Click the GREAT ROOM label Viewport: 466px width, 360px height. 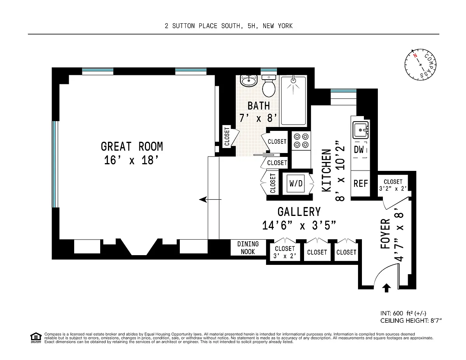(132, 147)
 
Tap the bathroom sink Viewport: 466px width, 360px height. (249, 81)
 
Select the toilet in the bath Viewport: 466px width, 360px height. (269, 86)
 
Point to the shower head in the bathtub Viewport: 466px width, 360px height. (293, 81)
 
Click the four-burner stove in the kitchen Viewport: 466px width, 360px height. (301, 141)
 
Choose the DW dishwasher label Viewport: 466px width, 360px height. (359, 150)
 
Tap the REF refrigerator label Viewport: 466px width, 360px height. (361, 184)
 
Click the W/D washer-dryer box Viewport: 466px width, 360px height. (296, 183)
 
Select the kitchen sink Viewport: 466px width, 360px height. (361, 130)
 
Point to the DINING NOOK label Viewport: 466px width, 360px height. (248, 248)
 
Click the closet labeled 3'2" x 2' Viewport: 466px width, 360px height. (393, 185)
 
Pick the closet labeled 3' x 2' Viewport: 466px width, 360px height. (285, 252)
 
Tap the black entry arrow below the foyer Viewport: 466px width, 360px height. (386, 288)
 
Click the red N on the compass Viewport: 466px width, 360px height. (415, 56)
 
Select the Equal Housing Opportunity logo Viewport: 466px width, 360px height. (36, 338)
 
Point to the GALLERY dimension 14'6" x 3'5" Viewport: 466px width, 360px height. (299, 226)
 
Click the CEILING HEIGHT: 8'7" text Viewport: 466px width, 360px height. (411, 320)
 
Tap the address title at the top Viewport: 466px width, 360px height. (229, 26)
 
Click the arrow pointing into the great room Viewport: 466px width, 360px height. (210, 200)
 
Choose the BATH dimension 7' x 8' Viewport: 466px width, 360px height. (258, 118)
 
